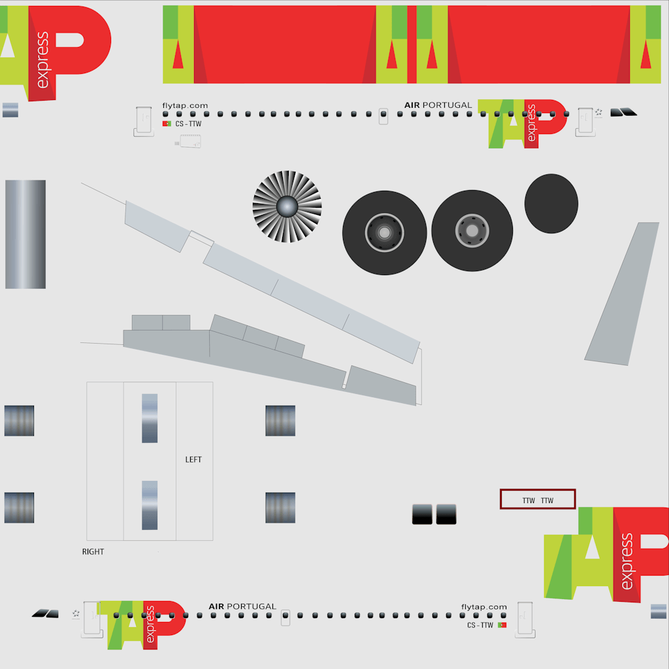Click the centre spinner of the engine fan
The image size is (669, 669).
click(x=287, y=207)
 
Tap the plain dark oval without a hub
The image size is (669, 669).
click(x=551, y=204)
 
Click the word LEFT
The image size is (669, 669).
click(x=193, y=459)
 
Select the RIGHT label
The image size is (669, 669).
click(x=93, y=551)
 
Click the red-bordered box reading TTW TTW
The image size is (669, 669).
click(x=538, y=499)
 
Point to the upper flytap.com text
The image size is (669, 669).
click(x=185, y=105)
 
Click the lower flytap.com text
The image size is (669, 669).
click(x=484, y=607)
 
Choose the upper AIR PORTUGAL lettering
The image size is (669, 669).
click(x=438, y=105)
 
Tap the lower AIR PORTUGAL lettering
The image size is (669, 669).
click(x=242, y=606)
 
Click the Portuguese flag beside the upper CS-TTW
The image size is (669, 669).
click(x=167, y=123)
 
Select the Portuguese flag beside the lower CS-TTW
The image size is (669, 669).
click(x=502, y=625)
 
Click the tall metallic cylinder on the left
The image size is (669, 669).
click(x=25, y=235)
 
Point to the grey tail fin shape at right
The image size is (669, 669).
click(x=622, y=293)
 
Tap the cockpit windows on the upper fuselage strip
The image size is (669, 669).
click(x=623, y=112)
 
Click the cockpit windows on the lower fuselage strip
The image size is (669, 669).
click(x=45, y=613)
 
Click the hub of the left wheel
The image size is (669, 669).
click(x=384, y=233)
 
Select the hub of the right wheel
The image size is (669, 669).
click(x=472, y=231)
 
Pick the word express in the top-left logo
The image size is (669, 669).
click(x=42, y=60)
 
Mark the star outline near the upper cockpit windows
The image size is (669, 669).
click(x=598, y=112)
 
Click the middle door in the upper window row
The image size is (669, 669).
click(x=383, y=116)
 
